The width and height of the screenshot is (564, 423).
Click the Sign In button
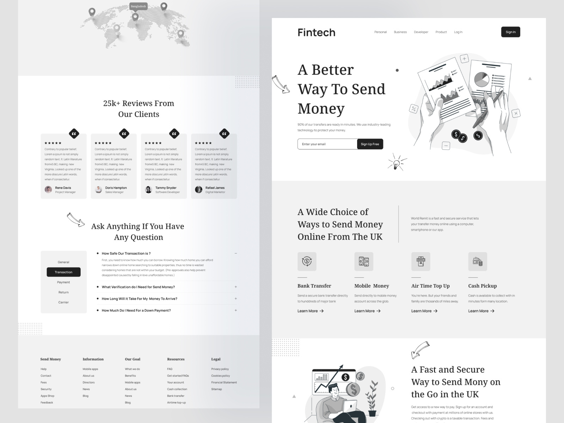click(510, 32)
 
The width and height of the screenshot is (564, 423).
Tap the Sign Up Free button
click(370, 144)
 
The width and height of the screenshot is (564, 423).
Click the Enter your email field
click(327, 144)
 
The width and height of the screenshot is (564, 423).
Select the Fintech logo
click(316, 32)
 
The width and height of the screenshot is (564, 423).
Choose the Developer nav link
click(421, 32)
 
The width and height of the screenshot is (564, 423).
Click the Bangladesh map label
click(138, 6)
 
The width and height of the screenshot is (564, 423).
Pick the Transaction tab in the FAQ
click(63, 272)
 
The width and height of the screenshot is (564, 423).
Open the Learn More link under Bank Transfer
click(310, 311)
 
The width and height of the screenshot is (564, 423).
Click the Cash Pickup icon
click(477, 262)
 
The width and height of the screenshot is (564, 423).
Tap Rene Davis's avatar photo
click(48, 190)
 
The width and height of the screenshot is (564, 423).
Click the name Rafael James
click(215, 188)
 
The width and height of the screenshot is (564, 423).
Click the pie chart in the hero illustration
click(481, 79)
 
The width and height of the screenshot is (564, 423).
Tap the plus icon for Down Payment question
click(236, 311)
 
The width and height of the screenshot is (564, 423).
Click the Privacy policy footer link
click(220, 369)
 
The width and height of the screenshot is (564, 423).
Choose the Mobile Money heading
click(372, 286)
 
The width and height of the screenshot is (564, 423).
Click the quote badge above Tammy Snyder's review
click(174, 134)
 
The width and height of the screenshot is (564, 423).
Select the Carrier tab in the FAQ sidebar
click(63, 302)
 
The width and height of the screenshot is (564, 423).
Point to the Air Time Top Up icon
click(421, 262)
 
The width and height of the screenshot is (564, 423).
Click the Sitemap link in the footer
click(216, 389)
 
